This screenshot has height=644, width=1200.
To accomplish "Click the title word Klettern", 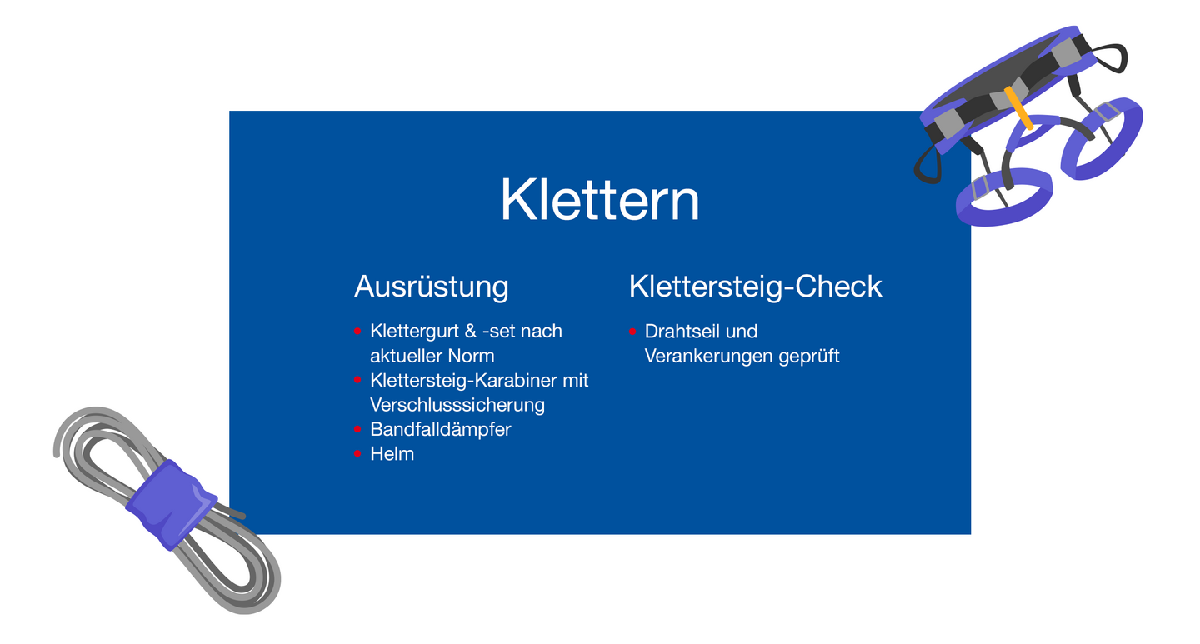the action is coord(599,199).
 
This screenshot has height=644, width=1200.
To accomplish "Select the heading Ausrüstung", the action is coord(432,287).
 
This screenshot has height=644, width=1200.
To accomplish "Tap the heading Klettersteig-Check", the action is coord(755,286).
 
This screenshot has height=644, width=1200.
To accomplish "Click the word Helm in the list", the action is coord(392,454).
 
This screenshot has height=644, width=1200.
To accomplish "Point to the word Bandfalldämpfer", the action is coord(440,430).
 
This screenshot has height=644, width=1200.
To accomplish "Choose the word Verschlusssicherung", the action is coord(457,405).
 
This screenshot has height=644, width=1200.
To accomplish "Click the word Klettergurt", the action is coord(415,332).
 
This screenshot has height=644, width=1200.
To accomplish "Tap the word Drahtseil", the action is coord(677,331).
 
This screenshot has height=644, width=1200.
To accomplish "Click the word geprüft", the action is coord(809,357).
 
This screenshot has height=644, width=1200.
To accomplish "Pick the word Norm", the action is coord(471,357).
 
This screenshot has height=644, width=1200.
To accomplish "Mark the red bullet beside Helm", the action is coord(357,454).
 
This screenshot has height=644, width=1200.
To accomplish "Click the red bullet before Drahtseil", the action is coord(632,332).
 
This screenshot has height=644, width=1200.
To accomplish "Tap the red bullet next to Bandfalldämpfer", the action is coord(357,429).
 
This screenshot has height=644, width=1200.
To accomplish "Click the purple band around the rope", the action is coord(172,505).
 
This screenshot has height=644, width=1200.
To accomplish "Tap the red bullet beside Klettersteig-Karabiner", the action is coord(357,381).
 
